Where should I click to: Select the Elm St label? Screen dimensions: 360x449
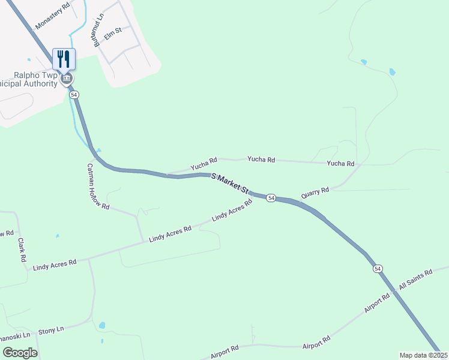tap(113, 35)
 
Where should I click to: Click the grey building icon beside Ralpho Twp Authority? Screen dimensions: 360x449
tap(67, 79)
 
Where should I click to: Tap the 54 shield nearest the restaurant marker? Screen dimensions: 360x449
tap(74, 95)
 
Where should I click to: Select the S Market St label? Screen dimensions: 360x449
tap(231, 182)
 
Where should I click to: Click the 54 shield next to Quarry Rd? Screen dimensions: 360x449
tap(271, 198)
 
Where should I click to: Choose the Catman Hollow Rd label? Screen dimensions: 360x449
tap(98, 187)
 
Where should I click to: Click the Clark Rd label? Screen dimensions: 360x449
tap(22, 250)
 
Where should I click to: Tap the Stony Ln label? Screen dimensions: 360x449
tap(51, 330)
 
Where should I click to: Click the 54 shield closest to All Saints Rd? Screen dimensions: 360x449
tap(377, 268)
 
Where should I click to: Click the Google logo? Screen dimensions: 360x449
tap(20, 352)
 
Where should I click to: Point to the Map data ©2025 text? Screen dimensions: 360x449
tap(423, 355)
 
